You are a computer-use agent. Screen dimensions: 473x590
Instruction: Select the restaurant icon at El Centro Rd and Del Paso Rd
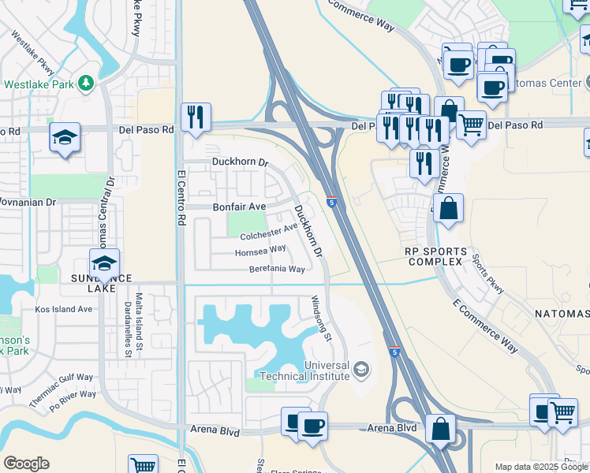coord(194,117)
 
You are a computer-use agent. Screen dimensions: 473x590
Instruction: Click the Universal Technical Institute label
coord(326,371)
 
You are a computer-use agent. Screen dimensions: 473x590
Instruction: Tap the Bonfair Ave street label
coord(239,207)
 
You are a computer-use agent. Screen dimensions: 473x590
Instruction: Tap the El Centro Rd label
coord(181,197)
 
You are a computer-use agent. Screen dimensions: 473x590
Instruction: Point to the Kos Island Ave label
coord(63,309)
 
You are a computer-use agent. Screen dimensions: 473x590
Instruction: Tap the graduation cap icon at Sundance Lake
coord(103,263)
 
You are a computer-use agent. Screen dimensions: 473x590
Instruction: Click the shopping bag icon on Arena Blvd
coord(440,429)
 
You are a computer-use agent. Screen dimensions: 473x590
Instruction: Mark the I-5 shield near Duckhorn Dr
coord(332,202)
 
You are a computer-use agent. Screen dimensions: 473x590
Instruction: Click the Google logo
coord(27,464)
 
